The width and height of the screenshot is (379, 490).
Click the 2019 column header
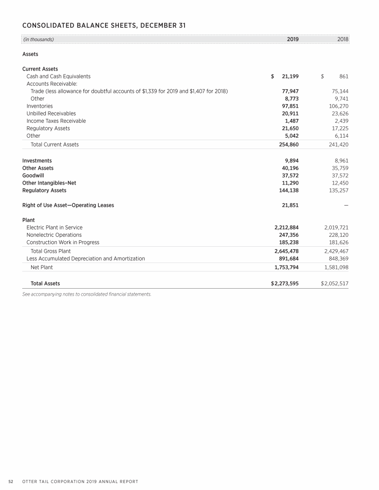293,39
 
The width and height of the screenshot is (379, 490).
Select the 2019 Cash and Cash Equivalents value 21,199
289,76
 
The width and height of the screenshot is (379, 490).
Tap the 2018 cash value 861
344,76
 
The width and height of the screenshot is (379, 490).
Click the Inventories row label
39,106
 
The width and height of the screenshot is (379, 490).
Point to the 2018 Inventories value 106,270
339,106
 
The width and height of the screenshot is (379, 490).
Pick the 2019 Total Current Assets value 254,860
286,145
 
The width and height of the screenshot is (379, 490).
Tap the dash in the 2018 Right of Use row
346,205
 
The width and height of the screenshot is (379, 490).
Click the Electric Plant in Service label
54,227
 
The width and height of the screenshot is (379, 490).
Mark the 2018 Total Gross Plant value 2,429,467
336,251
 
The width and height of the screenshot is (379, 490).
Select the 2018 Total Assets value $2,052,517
335,284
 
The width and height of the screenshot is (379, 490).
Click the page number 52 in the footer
10,481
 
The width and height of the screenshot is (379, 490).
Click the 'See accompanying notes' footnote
86,295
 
